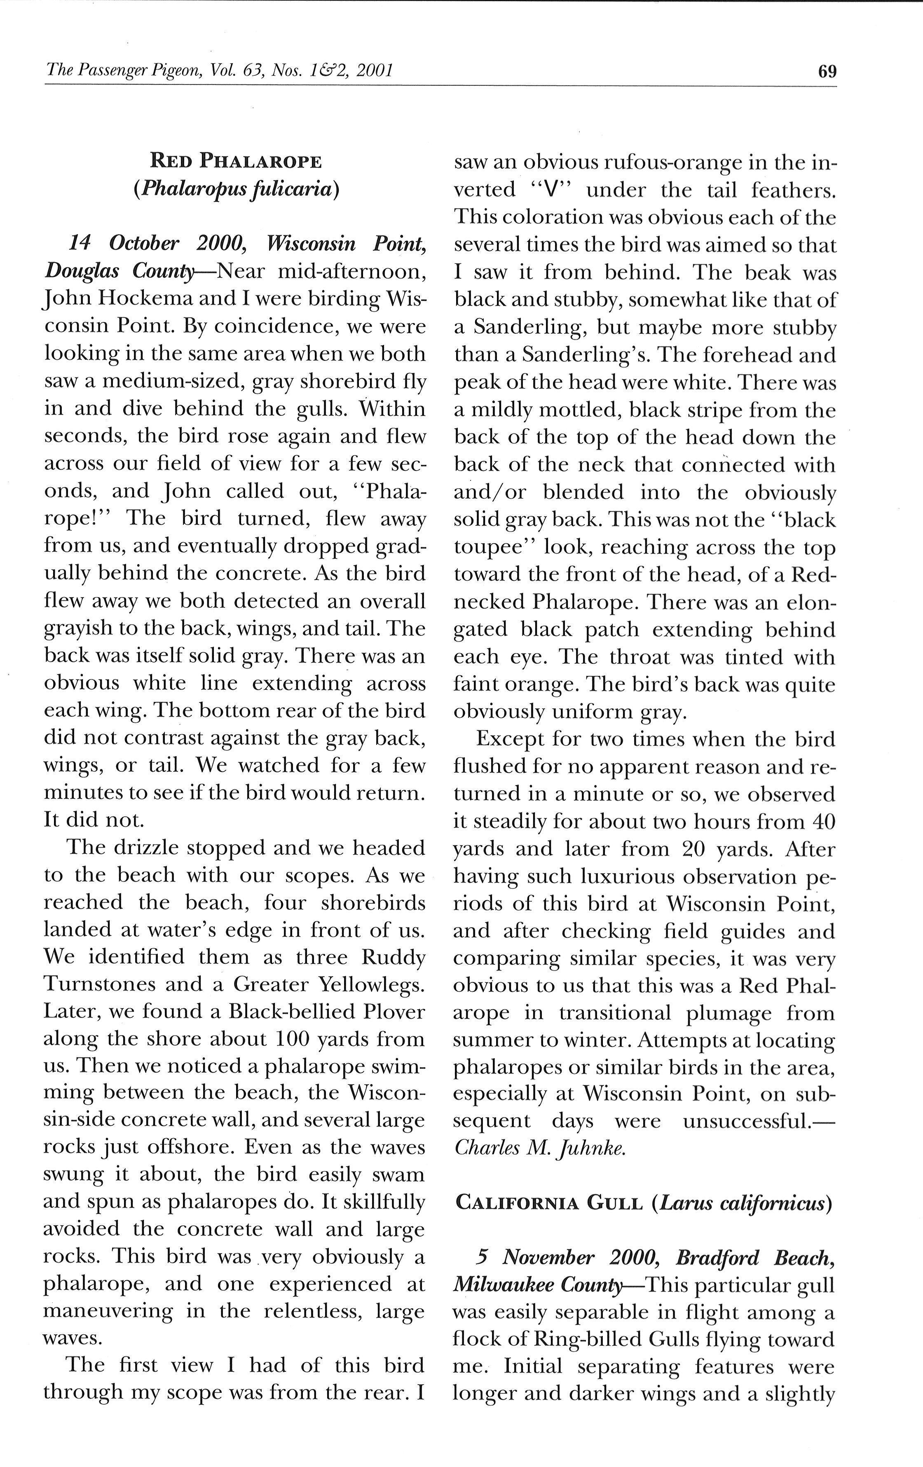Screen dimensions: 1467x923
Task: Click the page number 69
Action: coord(827,72)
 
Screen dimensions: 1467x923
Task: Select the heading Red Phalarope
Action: coord(236,162)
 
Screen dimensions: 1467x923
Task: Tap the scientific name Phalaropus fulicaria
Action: coord(236,189)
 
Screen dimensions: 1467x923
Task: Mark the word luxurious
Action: coord(637,876)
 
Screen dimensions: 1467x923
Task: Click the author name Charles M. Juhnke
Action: coord(539,1148)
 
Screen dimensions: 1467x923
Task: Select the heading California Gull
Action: coord(548,1203)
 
